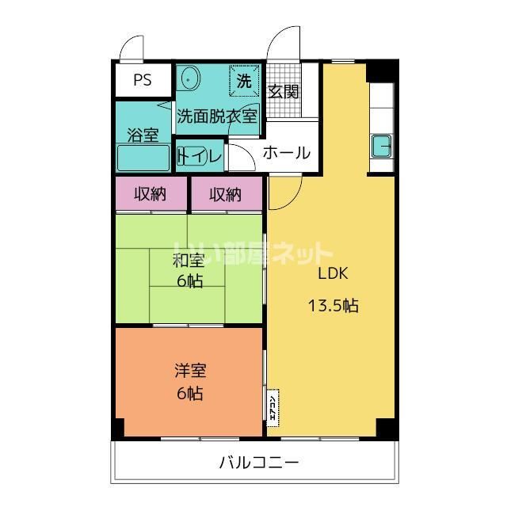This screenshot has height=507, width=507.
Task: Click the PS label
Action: point(142,79)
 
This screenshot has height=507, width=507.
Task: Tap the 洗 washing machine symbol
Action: point(244,80)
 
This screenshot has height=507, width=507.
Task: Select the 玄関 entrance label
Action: point(283,92)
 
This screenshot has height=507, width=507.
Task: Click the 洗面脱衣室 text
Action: point(216,116)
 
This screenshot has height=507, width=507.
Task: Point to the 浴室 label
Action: point(143,135)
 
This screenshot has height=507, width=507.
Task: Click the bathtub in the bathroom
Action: point(143,158)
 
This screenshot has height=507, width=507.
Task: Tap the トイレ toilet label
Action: point(199,156)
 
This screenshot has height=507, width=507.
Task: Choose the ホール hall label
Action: point(285,153)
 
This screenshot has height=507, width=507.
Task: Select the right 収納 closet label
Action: point(226,194)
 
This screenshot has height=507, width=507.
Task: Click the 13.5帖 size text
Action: point(333,305)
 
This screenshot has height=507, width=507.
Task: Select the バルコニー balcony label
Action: point(259,463)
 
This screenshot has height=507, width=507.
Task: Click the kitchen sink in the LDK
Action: point(381,147)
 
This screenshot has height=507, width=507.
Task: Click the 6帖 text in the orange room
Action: point(189,393)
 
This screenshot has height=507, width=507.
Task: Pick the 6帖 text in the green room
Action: point(189,281)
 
